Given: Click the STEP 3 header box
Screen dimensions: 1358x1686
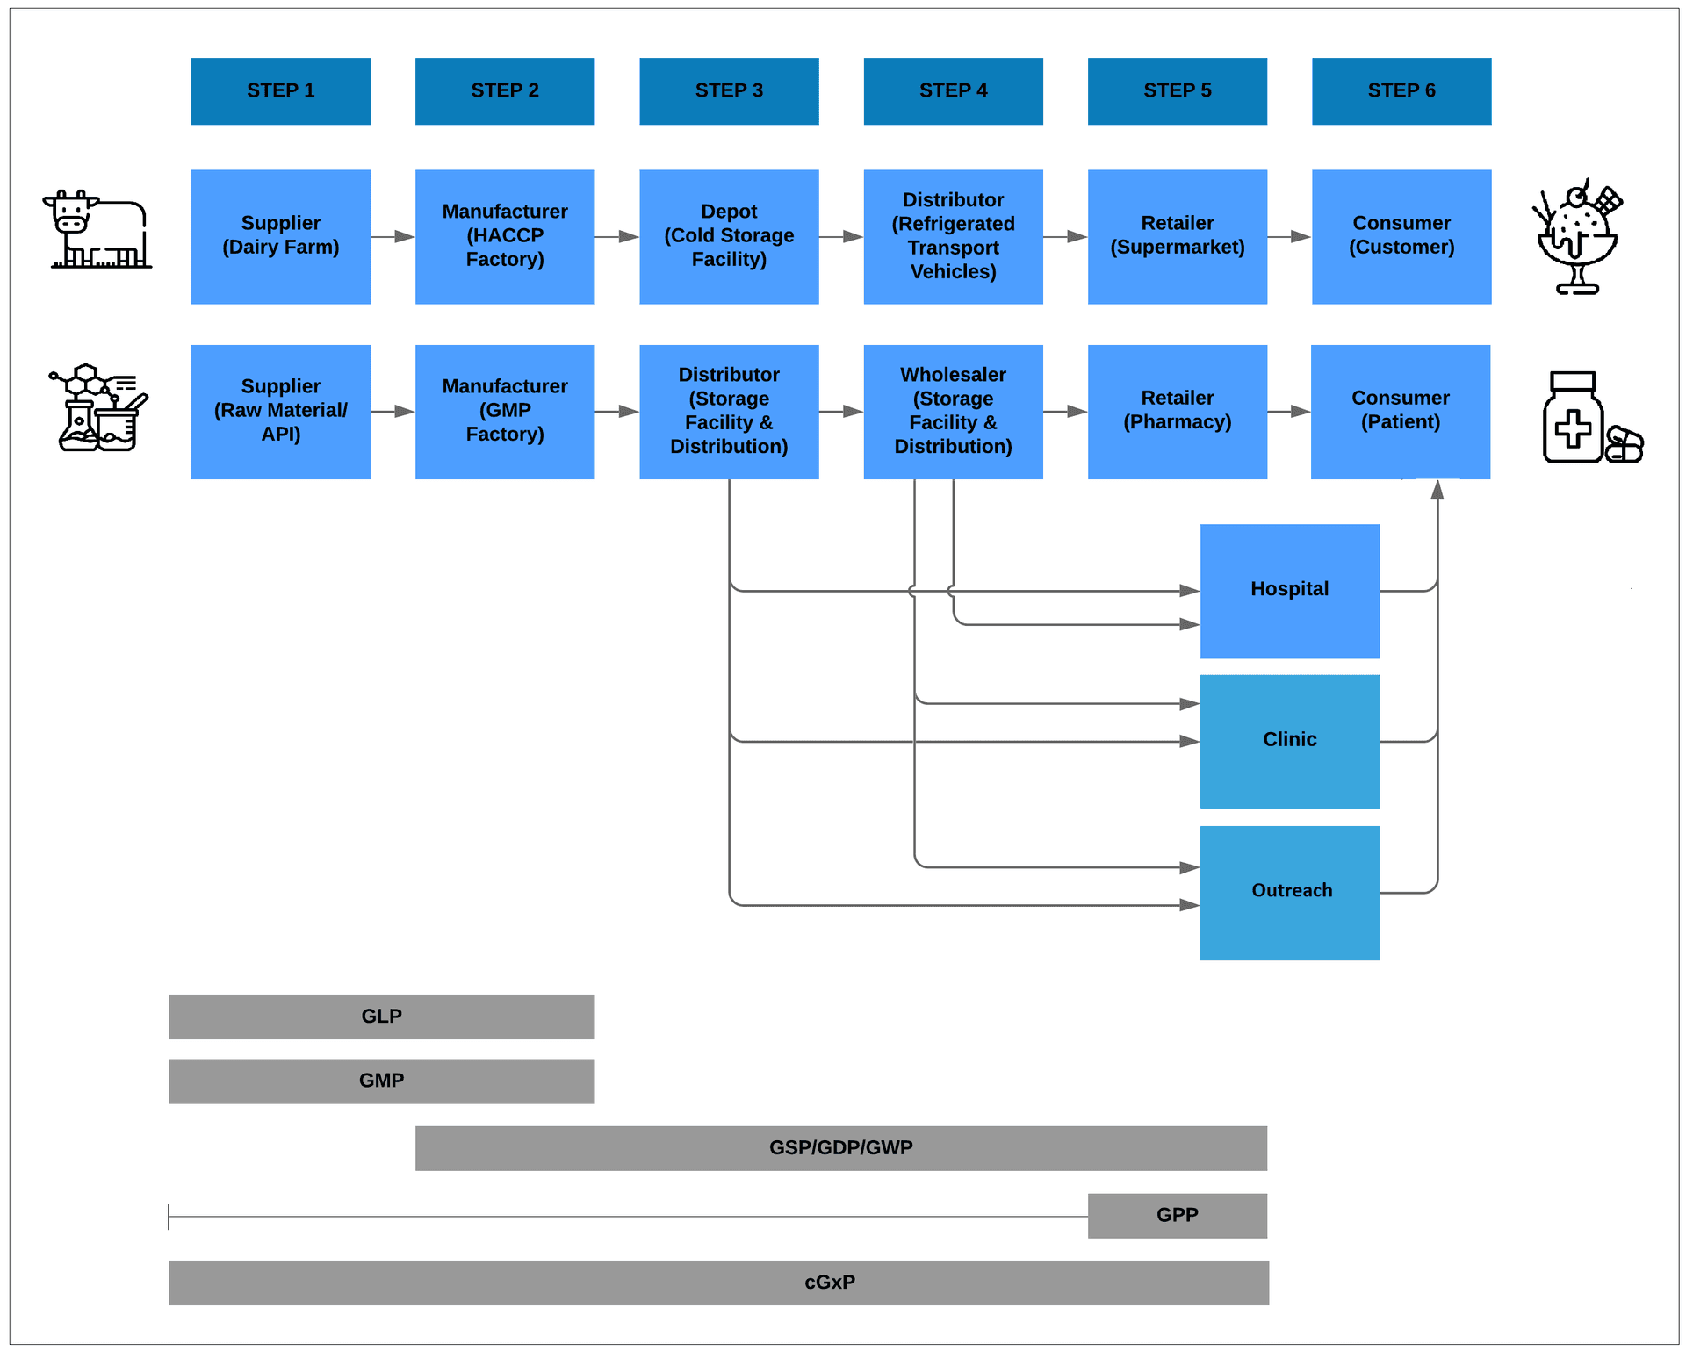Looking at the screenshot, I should click(729, 91).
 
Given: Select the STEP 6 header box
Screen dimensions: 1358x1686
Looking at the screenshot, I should click(1401, 91).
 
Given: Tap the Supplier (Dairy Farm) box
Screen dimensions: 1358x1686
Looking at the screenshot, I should click(280, 236).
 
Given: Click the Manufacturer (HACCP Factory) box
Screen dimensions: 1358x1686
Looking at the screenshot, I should click(504, 236).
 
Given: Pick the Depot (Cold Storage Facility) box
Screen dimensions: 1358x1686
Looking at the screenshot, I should click(729, 236).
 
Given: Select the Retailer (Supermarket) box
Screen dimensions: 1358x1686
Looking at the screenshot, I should click(1177, 236).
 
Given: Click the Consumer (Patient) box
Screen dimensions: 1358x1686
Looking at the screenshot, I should click(1400, 411).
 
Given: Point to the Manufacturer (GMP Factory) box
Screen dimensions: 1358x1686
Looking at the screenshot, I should click(504, 411).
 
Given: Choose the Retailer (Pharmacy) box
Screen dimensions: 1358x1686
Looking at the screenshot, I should click(1177, 411).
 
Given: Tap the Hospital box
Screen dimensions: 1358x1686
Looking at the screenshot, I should click(1289, 591).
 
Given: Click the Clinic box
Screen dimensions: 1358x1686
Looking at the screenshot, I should click(1289, 741).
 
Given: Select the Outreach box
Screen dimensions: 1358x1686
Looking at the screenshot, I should click(1289, 892).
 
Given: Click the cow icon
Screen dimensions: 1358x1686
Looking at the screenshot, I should click(97, 230).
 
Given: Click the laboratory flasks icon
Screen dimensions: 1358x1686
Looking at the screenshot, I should click(98, 408).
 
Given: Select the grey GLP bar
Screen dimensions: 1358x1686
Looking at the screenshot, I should click(381, 1016).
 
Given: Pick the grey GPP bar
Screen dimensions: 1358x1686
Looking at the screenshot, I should click(1177, 1215).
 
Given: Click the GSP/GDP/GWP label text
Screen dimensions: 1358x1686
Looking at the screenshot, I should click(840, 1147).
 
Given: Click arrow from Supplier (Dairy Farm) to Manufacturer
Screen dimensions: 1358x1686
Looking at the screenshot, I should click(392, 236).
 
